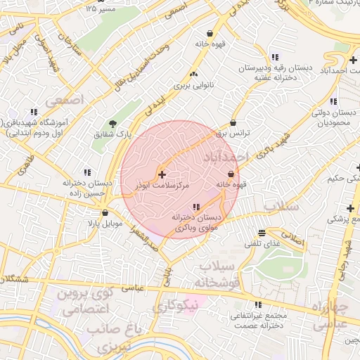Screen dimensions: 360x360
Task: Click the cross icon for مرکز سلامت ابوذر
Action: pyautogui.click(x=162, y=174)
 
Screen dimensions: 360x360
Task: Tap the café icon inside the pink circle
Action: pyautogui.click(x=231, y=174)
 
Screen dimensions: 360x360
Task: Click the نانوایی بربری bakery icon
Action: pyautogui.click(x=193, y=74)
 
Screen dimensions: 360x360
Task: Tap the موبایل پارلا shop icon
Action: pyautogui.click(x=105, y=213)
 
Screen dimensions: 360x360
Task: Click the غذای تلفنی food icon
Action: pyautogui.click(x=262, y=233)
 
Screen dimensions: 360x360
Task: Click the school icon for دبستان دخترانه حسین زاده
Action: pyautogui.click(x=87, y=172)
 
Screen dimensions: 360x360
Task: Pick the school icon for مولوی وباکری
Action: pyautogui.click(x=195, y=207)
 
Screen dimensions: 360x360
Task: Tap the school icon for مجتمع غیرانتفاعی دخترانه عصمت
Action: pyautogui.click(x=258, y=304)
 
